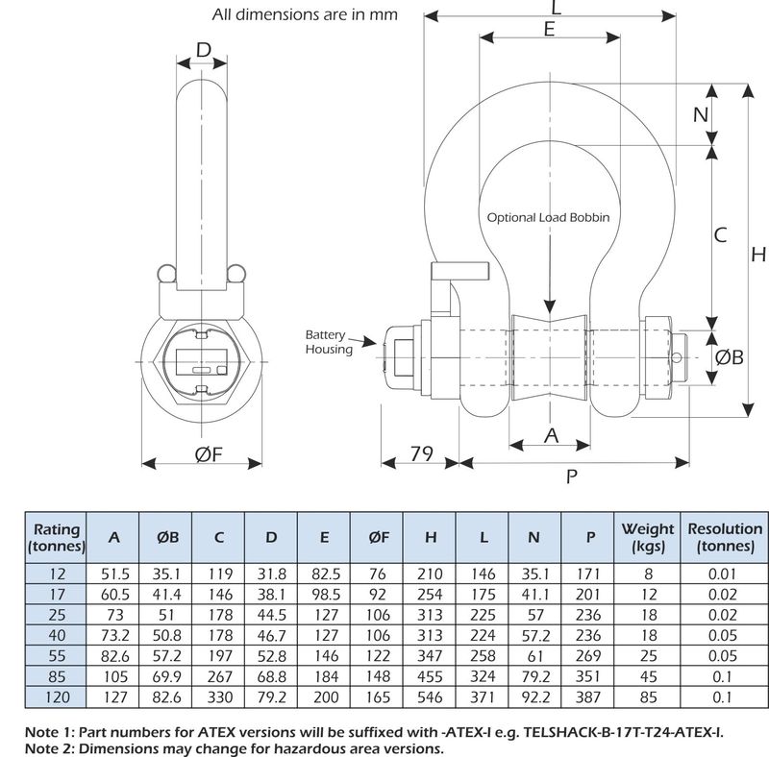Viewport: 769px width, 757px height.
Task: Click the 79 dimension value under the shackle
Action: coord(421,453)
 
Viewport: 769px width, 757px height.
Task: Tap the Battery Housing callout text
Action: coord(329,342)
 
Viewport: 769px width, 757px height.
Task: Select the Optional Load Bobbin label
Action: coord(548,218)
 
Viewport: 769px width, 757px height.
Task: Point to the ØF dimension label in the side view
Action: coord(209,454)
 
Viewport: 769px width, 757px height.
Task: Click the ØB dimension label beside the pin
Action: coord(730,357)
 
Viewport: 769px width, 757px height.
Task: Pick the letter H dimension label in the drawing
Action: coord(758,255)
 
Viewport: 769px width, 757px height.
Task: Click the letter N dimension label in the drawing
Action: coord(701,114)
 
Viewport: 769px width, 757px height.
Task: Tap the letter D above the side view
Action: coord(204,50)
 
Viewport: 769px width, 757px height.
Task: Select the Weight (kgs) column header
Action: coord(647,537)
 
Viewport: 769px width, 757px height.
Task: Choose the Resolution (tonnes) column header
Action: coord(725,537)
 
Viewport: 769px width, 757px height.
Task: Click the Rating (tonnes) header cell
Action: coord(57,538)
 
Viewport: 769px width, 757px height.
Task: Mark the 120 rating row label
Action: coord(57,697)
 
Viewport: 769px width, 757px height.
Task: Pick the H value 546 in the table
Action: coord(430,697)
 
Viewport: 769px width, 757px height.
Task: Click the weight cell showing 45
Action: coord(648,676)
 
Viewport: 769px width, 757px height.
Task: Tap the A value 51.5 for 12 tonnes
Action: coord(114,574)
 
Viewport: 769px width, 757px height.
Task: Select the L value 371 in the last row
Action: coord(484,697)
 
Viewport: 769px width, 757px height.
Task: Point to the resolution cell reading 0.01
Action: coord(723,574)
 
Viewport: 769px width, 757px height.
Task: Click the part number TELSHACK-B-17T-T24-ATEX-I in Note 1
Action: coord(623,732)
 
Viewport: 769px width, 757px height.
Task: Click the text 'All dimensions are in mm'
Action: coord(305,14)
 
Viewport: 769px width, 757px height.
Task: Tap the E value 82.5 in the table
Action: coord(326,574)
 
